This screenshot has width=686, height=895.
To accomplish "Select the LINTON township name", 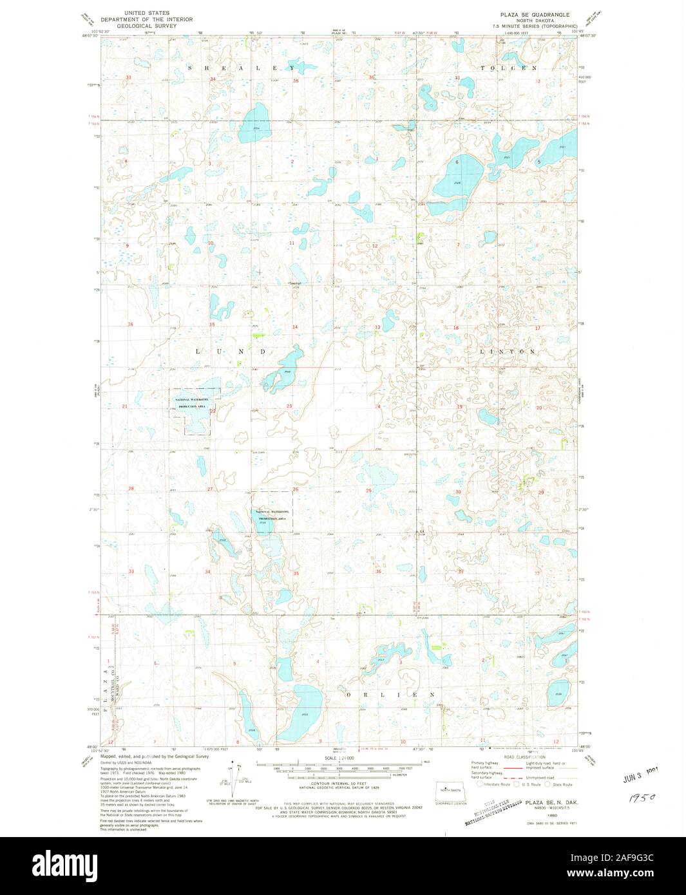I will click(508, 352).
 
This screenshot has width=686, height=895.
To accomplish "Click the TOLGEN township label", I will click(508, 68).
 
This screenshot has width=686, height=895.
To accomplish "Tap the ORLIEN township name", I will click(391, 695).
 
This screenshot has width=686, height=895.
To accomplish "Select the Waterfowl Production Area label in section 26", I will click(272, 514).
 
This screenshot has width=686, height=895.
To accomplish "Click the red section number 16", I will click(130, 325).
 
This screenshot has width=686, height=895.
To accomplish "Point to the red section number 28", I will click(131, 489).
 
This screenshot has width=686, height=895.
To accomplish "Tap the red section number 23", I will click(289, 406).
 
